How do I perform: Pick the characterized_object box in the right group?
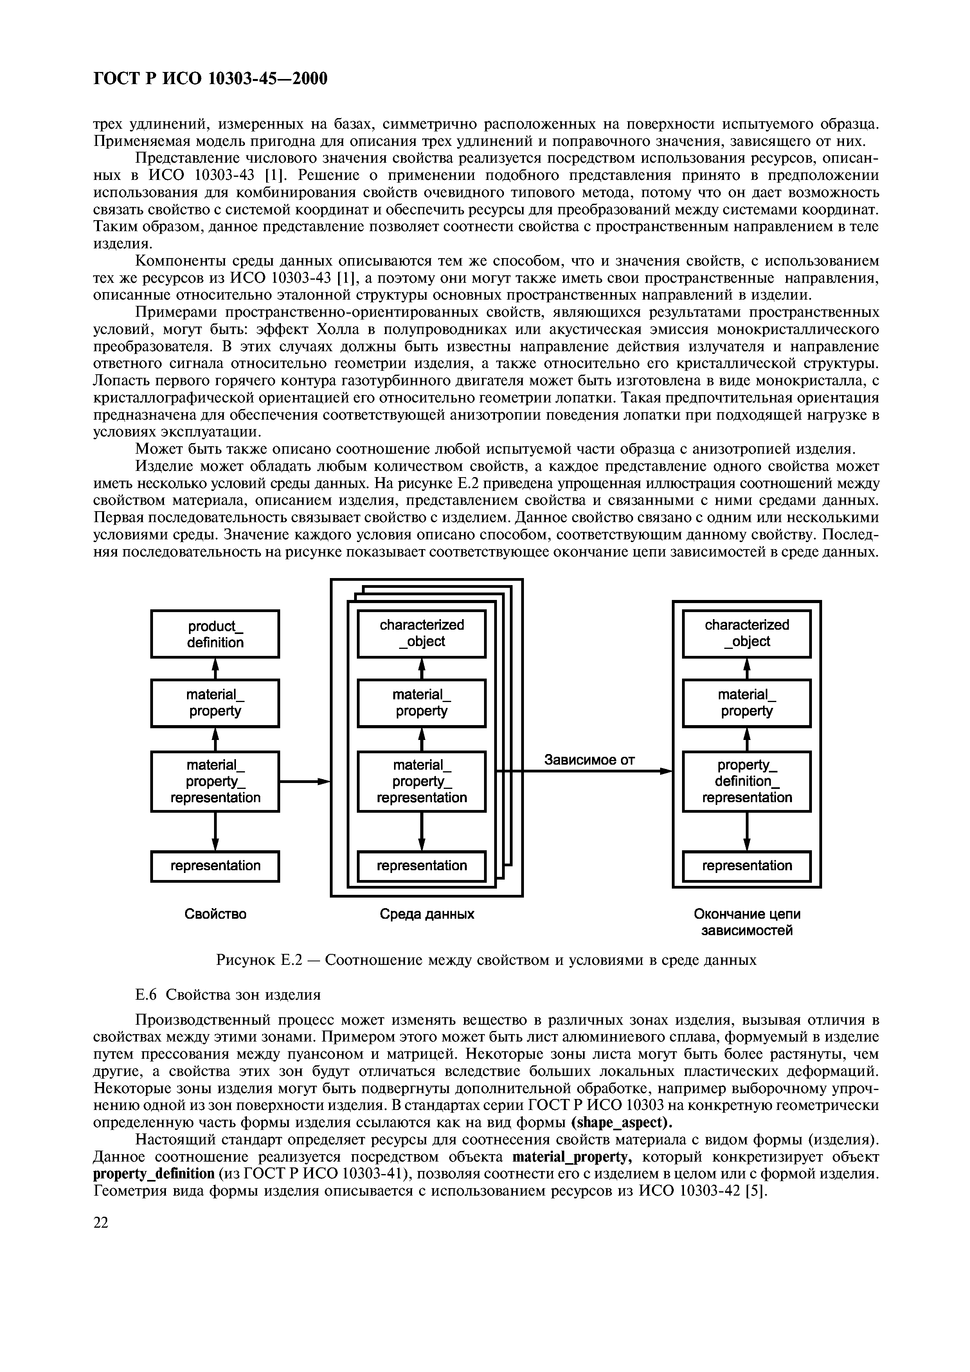coord(747,634)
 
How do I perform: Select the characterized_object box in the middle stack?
coord(421,634)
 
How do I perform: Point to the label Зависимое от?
coord(589,760)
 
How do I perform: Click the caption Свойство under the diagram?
coord(215,914)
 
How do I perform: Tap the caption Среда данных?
coord(427,914)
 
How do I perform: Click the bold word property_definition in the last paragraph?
coord(154,1173)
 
